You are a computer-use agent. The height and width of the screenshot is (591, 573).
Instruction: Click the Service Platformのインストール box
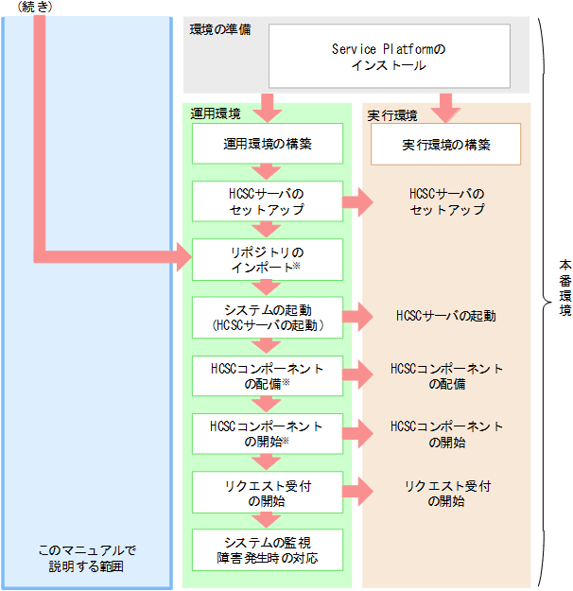click(x=390, y=57)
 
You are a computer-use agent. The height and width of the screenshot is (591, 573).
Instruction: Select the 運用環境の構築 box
click(x=268, y=146)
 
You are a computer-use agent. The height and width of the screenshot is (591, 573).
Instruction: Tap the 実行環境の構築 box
click(x=445, y=146)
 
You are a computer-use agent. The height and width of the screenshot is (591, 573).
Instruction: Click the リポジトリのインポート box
click(x=268, y=259)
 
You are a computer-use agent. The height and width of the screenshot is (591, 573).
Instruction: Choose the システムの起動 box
click(x=268, y=317)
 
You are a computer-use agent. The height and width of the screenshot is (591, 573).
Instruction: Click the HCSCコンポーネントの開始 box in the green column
click(x=268, y=433)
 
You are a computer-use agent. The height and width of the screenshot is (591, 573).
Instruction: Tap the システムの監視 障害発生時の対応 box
click(x=268, y=549)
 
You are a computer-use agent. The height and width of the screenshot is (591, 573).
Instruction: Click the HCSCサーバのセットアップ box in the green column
click(x=268, y=201)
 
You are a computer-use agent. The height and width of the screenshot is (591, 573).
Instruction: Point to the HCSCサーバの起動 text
click(x=446, y=317)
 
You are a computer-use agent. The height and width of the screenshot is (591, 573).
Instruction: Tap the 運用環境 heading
click(x=215, y=114)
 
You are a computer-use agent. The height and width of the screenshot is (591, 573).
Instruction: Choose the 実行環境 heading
click(x=392, y=115)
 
